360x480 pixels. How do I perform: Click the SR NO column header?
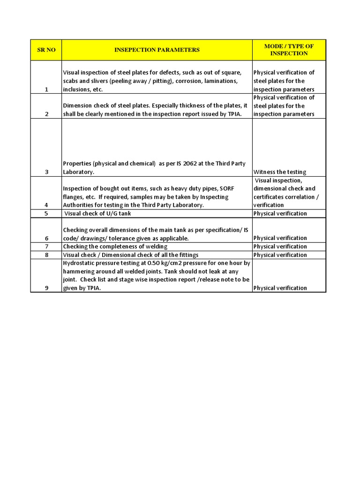[x=46, y=50]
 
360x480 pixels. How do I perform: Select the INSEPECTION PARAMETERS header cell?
[x=157, y=50]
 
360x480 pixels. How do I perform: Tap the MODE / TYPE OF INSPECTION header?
[x=289, y=50]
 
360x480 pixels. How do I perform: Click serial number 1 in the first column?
[x=46, y=90]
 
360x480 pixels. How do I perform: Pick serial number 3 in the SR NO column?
[x=46, y=172]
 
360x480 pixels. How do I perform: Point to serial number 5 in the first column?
[x=46, y=213]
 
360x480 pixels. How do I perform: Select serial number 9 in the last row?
[x=46, y=288]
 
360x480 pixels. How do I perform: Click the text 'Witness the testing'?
[x=280, y=172]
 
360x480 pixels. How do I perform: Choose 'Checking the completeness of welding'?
[x=115, y=247]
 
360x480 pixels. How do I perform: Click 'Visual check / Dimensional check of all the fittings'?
[x=131, y=255]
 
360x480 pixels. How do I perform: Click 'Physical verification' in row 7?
[x=280, y=247]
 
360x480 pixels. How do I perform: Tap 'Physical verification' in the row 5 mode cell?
[x=280, y=213]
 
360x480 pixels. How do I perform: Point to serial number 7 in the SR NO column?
[x=46, y=247]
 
